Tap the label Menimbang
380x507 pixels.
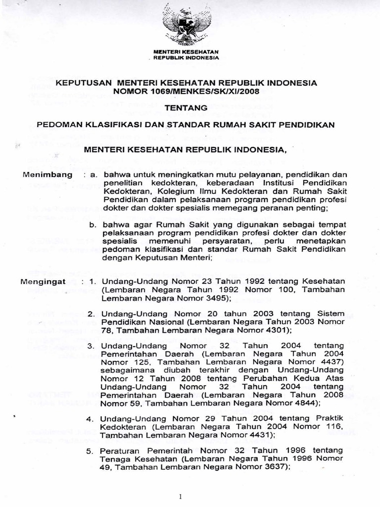click(x=47, y=175)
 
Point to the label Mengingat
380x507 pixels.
click(x=47, y=282)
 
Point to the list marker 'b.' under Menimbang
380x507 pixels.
click(x=93, y=224)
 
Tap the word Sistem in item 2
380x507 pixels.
click(x=330, y=314)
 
